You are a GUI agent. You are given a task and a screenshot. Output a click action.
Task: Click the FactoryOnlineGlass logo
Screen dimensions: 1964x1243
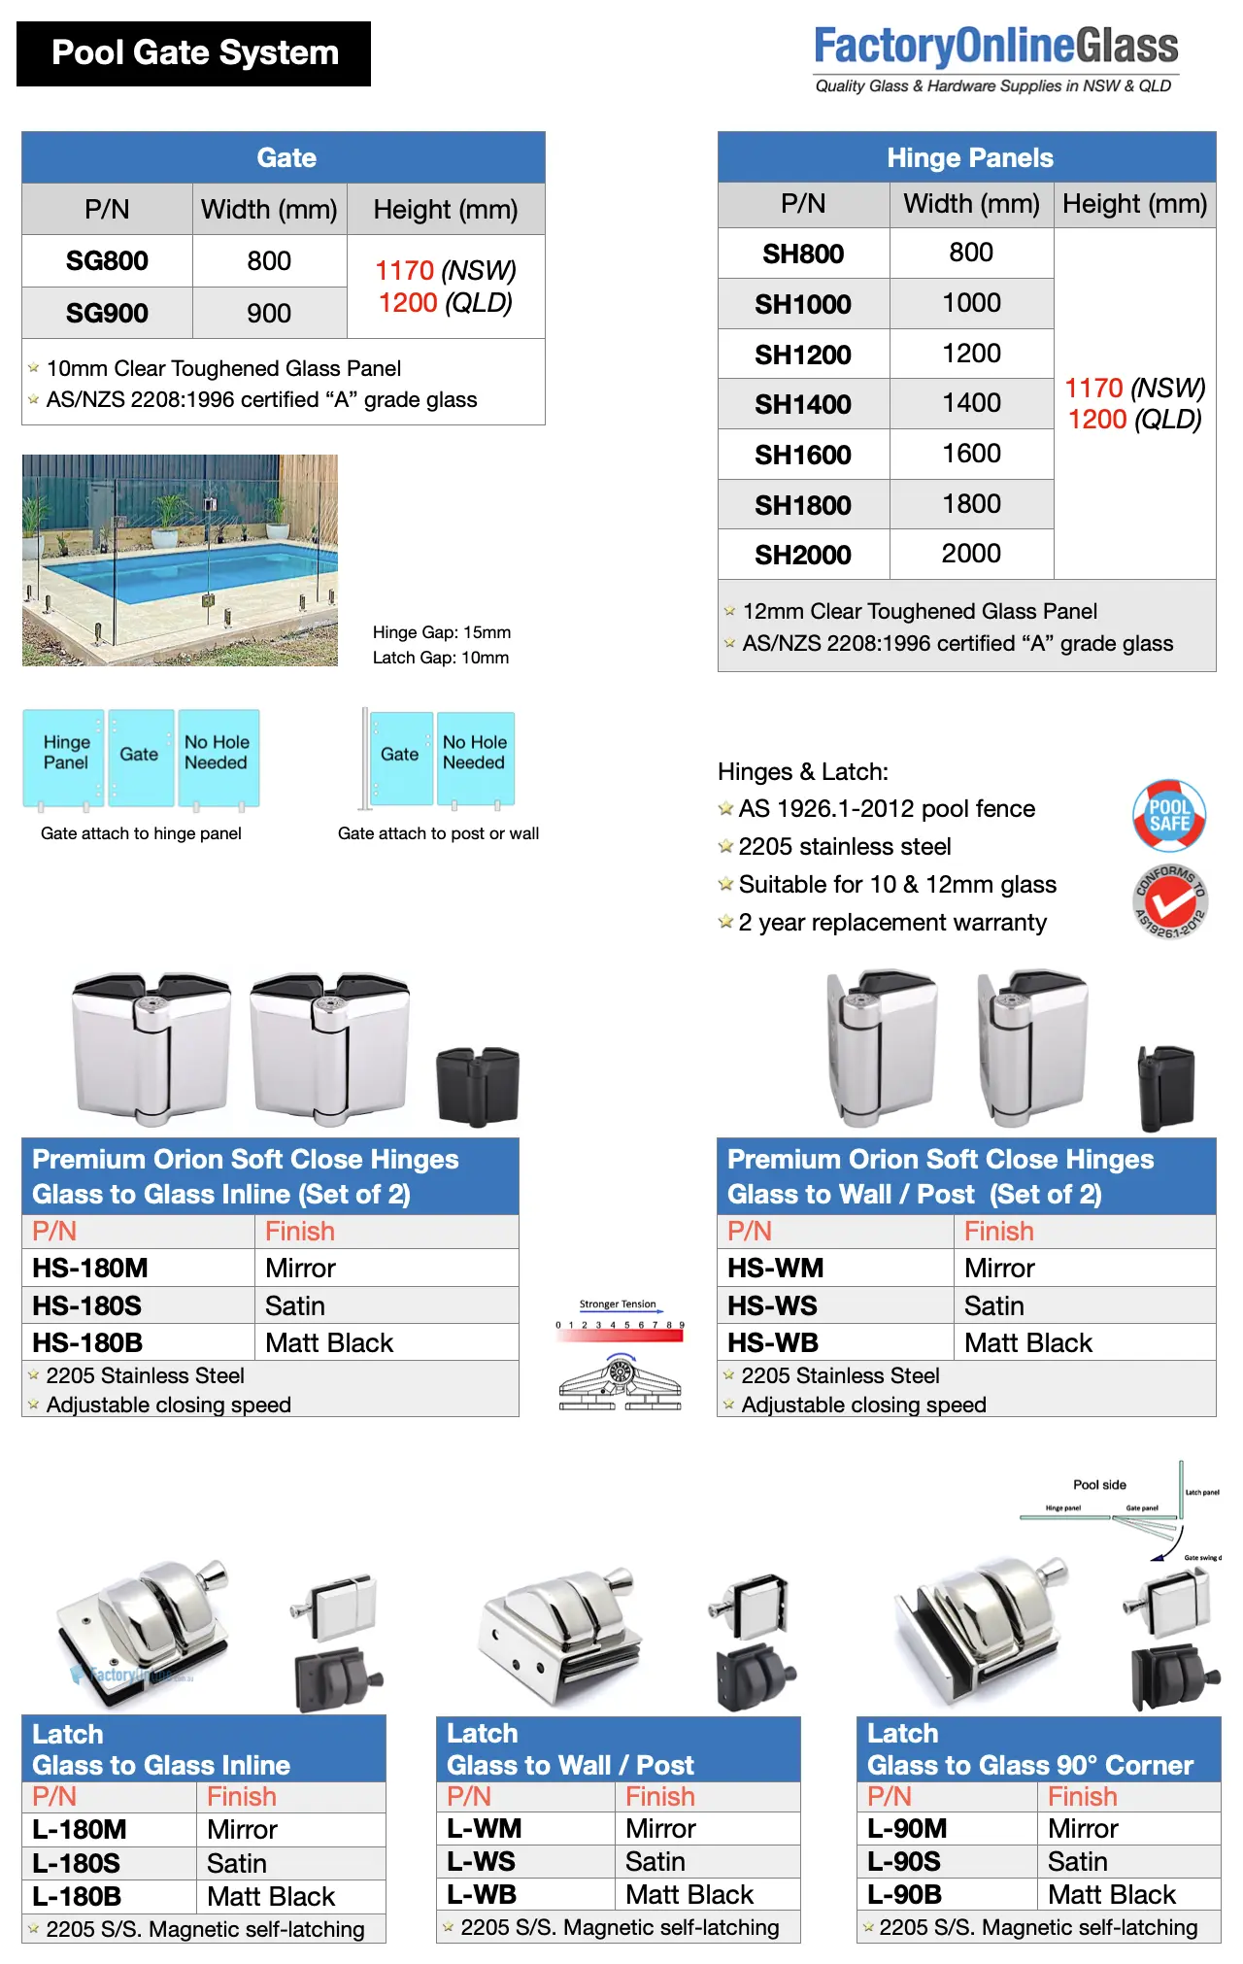[x=995, y=58]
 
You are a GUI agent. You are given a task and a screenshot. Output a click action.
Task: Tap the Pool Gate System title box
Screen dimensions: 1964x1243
[x=194, y=53]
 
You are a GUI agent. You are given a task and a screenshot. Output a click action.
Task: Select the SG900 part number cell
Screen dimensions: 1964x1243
[x=107, y=313]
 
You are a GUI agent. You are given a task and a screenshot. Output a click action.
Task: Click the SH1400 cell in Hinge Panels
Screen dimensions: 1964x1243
[x=803, y=404]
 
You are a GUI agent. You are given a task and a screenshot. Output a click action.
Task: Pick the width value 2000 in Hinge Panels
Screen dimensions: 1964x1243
[x=971, y=554]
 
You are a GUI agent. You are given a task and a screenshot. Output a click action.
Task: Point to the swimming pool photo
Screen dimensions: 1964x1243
[x=180, y=560]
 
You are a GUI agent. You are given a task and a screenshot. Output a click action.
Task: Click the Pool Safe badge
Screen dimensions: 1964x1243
[x=1169, y=815]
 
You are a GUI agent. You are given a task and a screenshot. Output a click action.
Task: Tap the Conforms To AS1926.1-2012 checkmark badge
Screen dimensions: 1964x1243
[x=1171, y=902]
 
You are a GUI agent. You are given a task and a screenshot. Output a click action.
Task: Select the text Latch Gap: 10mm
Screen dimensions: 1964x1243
[x=441, y=658]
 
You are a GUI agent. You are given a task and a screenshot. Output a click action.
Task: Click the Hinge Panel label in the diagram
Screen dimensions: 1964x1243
[x=66, y=753]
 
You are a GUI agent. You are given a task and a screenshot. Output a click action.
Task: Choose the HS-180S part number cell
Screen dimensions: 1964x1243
[x=87, y=1305]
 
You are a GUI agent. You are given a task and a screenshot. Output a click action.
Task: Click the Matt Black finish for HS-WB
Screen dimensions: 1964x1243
[x=1028, y=1343]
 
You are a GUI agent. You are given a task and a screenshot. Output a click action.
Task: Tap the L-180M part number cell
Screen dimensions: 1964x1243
[x=80, y=1830]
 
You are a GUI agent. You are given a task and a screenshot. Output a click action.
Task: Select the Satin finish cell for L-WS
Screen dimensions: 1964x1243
[x=655, y=1862]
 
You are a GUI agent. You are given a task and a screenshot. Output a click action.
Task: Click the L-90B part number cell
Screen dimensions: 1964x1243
[x=905, y=1895]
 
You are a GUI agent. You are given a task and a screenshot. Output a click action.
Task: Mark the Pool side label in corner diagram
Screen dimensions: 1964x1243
[x=1099, y=1485]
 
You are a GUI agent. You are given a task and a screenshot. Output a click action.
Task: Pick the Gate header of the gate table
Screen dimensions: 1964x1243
[x=286, y=158]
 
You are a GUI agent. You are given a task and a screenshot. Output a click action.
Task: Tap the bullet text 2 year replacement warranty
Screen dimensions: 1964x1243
[x=892, y=923]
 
